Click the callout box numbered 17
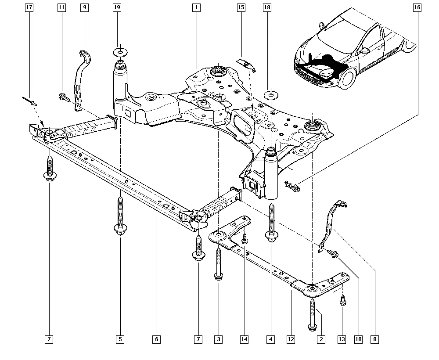(x=29, y=7)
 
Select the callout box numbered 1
(x=196, y=7)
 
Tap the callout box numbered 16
(x=417, y=7)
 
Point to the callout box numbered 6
(x=156, y=339)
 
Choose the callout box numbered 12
(x=290, y=339)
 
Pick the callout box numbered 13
(x=342, y=339)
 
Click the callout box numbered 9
(x=84, y=7)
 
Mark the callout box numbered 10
(x=358, y=339)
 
